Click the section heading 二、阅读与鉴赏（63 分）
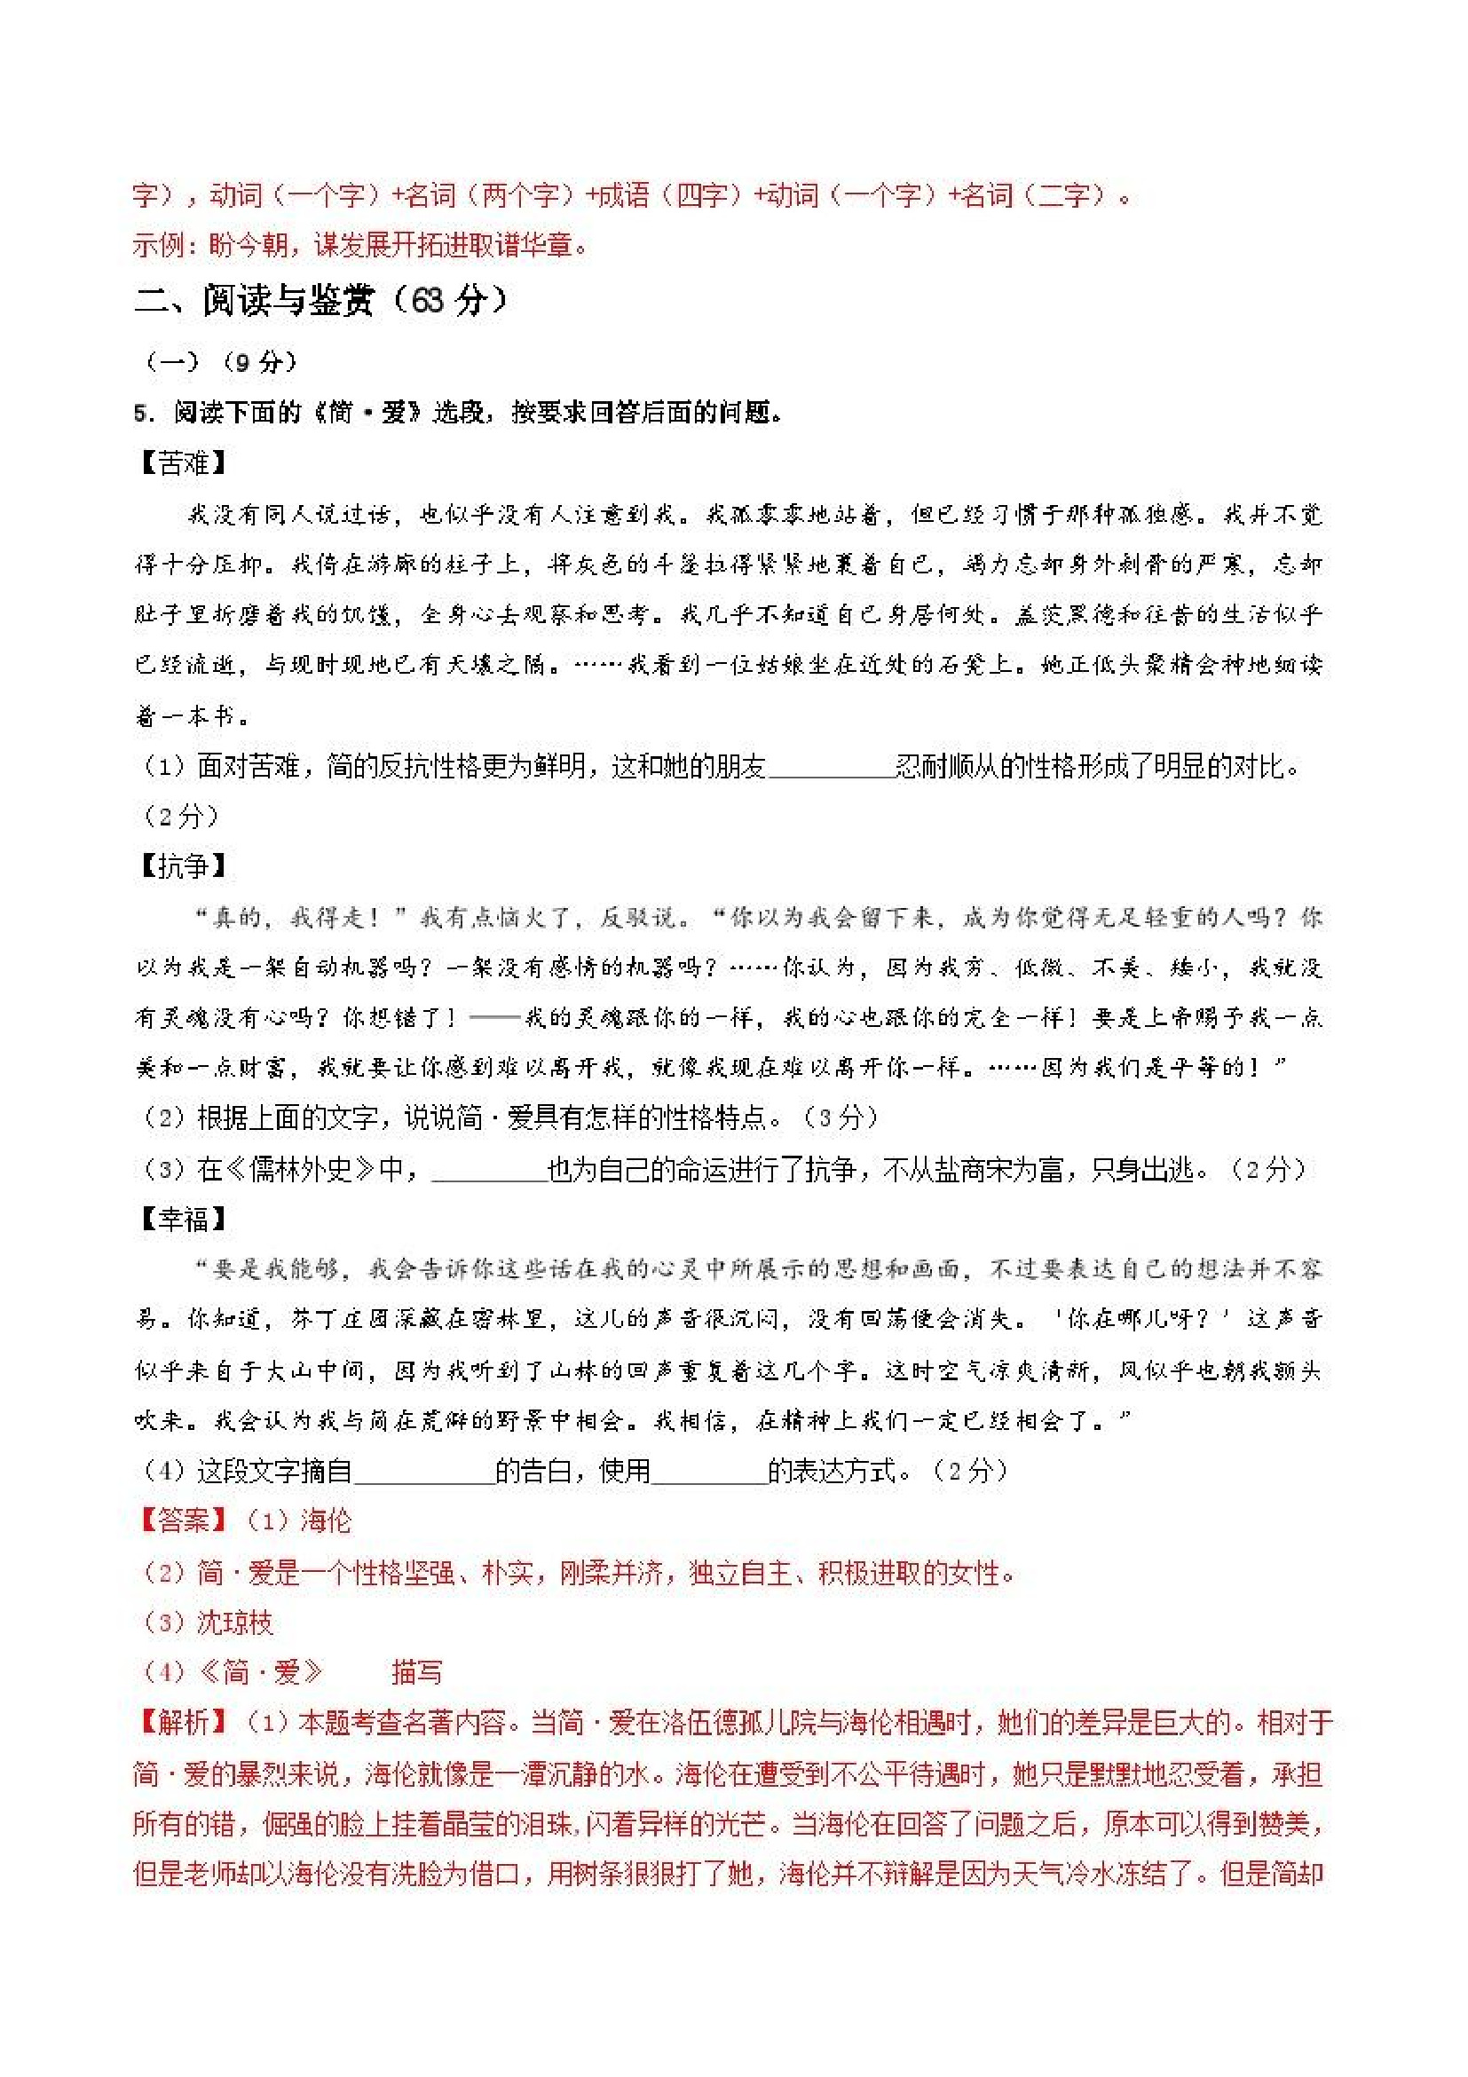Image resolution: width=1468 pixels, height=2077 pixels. point(320,300)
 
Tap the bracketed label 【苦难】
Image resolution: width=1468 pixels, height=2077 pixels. point(183,463)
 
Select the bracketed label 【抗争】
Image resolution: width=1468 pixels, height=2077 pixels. point(183,865)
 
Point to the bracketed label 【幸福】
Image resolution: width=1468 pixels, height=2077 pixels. point(183,1220)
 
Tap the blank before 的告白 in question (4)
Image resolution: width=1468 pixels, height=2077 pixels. point(423,1472)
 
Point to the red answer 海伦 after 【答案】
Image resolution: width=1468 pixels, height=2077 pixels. point(326,1520)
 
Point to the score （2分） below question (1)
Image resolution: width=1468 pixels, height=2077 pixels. point(181,817)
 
